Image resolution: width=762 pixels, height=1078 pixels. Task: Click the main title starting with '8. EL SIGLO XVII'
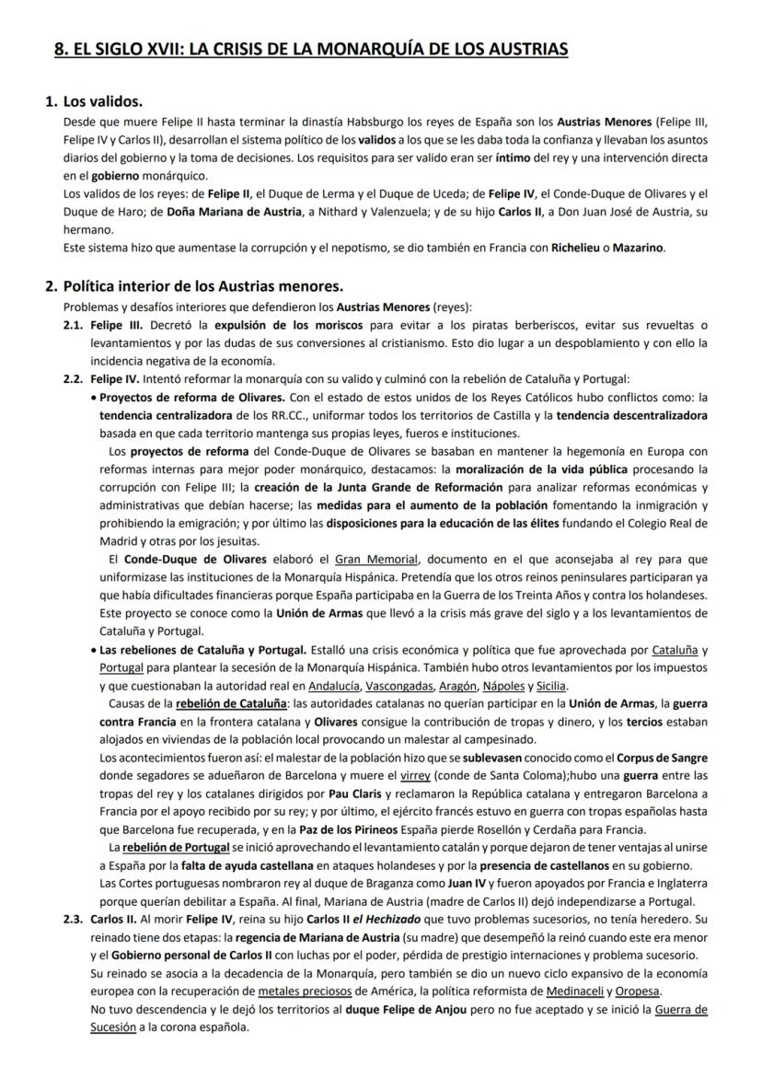click(x=311, y=47)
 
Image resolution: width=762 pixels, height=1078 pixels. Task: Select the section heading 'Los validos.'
click(x=102, y=101)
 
